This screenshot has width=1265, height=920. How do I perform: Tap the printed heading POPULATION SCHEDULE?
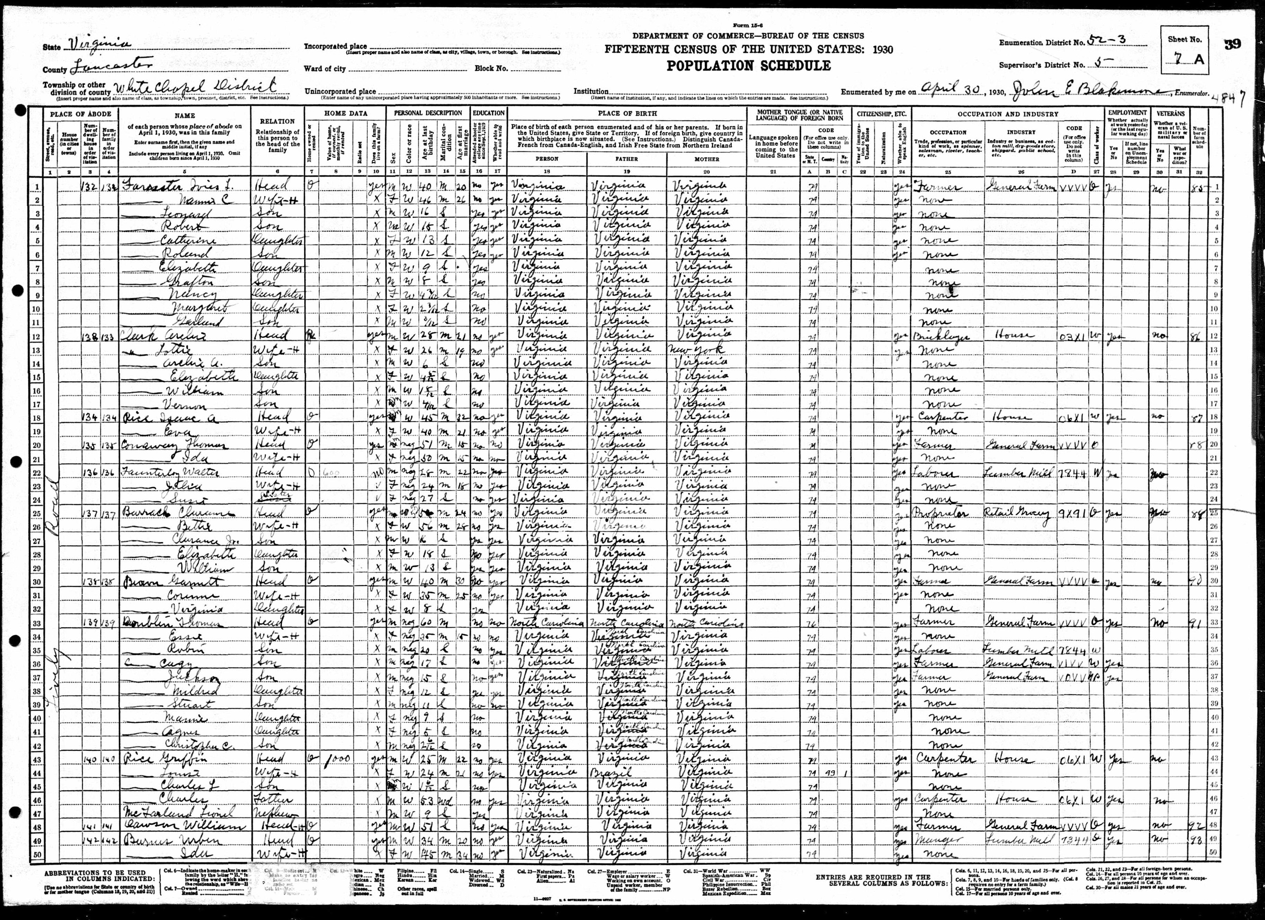(x=749, y=66)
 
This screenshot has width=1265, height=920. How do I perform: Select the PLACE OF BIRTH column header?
(x=627, y=114)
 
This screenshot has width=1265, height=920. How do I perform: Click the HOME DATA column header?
(x=345, y=114)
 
